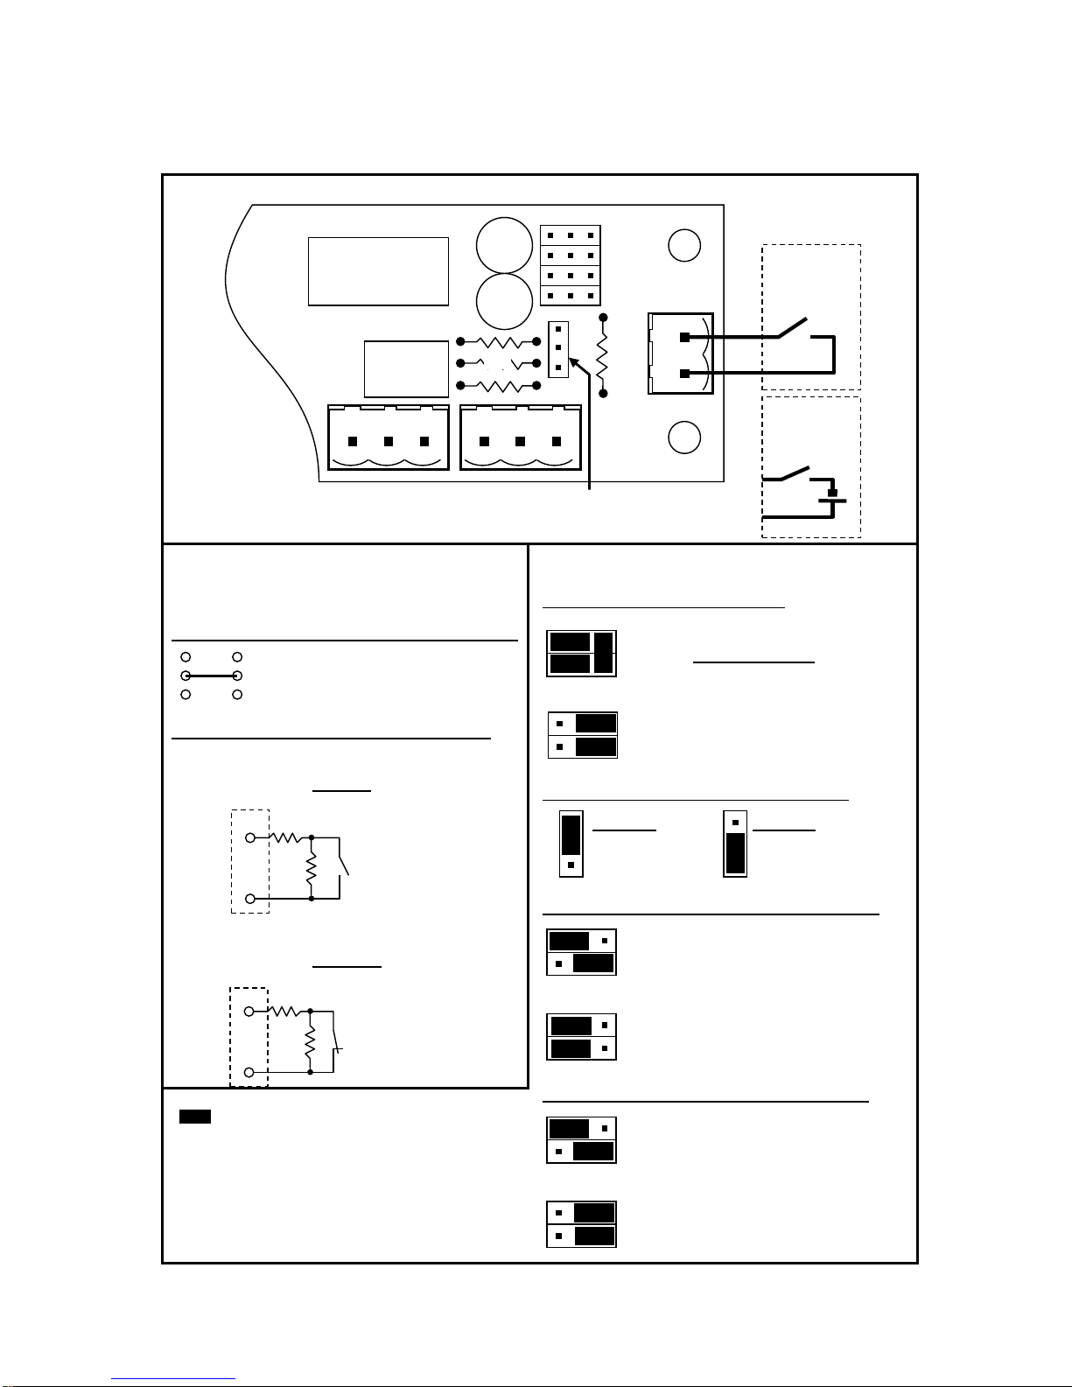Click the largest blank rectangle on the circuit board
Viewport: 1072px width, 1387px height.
(x=378, y=271)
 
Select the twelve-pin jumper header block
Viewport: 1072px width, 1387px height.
(x=570, y=266)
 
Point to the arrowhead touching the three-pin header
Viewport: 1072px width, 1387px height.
(x=572, y=361)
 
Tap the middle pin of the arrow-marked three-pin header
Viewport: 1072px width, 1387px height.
(x=557, y=348)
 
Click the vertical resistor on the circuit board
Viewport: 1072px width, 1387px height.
(x=602, y=355)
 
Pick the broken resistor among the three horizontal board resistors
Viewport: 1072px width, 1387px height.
(x=499, y=363)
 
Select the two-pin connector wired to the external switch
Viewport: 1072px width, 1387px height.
(x=680, y=354)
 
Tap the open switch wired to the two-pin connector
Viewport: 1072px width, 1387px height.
(x=794, y=327)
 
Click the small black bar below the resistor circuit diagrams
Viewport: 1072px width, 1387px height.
(x=195, y=1117)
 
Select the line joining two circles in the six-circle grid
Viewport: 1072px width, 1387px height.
(x=211, y=676)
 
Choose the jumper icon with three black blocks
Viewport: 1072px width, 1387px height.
(x=581, y=653)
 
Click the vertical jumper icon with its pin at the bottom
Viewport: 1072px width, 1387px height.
(x=571, y=844)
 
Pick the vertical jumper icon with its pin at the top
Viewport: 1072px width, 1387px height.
(x=735, y=844)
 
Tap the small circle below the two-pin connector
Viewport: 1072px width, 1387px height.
(x=683, y=438)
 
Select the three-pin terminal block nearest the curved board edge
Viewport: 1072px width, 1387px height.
(x=388, y=438)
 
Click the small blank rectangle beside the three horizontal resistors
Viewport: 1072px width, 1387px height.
(x=406, y=368)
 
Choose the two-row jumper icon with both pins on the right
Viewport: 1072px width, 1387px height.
(x=581, y=1036)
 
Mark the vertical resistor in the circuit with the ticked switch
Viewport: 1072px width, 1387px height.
(x=310, y=1042)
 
